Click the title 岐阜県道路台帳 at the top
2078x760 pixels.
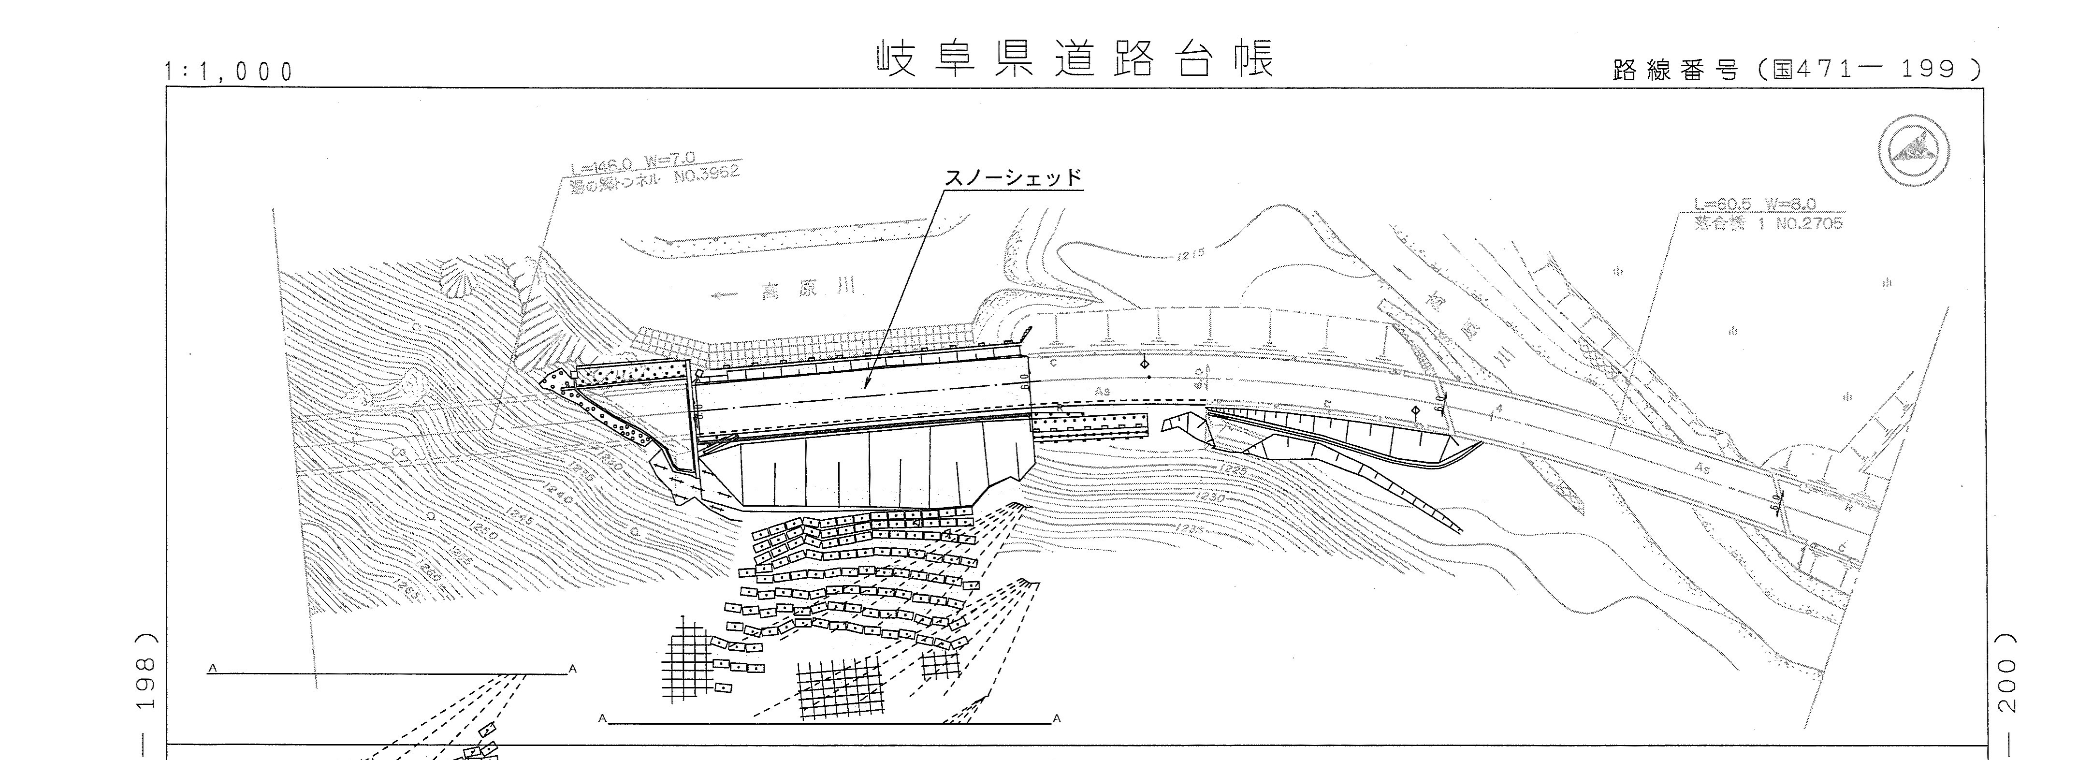coord(1075,59)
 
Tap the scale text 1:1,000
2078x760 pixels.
coord(230,73)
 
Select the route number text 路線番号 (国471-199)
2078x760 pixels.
coord(1796,70)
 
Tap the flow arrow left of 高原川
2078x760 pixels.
coord(725,295)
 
